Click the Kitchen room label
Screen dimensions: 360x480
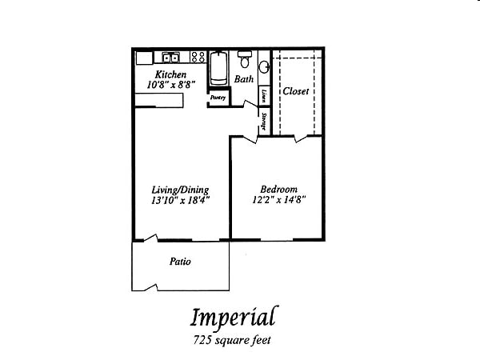[x=171, y=74]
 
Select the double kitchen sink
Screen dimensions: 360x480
[x=170, y=58]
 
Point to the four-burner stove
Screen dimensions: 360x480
[x=197, y=58]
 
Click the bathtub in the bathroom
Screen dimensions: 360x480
[x=219, y=69]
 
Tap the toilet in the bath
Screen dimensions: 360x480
[x=244, y=61]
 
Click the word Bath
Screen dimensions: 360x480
[x=244, y=79]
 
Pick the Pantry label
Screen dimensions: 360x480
[x=218, y=97]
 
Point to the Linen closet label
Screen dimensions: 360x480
[x=264, y=95]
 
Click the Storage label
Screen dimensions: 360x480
[x=264, y=121]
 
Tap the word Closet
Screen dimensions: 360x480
[x=295, y=91]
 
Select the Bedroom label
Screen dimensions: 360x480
[x=280, y=189]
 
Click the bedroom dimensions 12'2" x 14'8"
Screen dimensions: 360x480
[x=280, y=199]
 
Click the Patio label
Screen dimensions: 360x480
[x=179, y=261]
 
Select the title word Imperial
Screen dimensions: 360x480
[x=233, y=316]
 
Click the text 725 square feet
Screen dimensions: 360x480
[x=233, y=340]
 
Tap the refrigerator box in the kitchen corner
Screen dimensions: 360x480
[x=144, y=58]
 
